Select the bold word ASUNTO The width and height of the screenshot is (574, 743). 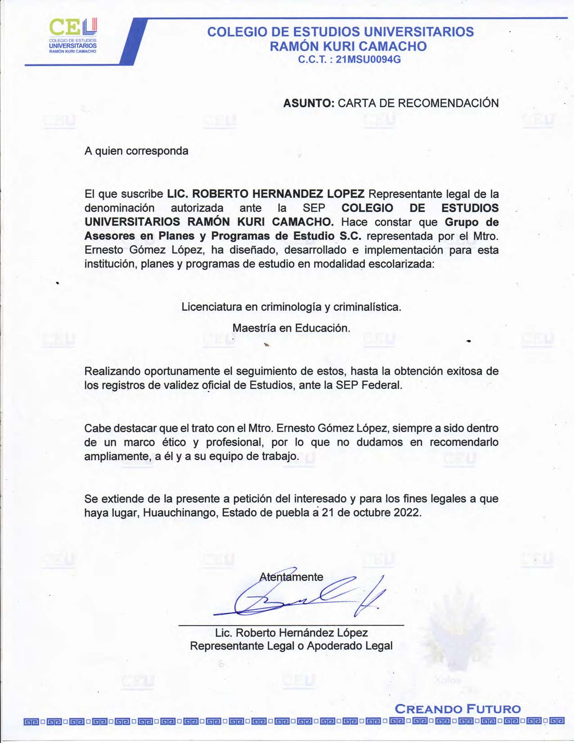pyautogui.click(x=308, y=103)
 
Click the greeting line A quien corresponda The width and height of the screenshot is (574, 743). pyautogui.click(x=136, y=151)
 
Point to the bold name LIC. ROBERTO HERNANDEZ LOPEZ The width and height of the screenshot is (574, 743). pyautogui.click(x=266, y=194)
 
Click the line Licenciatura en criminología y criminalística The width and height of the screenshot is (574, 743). pyautogui.click(x=291, y=307)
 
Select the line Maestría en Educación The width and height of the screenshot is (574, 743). pyautogui.click(x=291, y=328)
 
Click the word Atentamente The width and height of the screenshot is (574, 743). pyautogui.click(x=291, y=577)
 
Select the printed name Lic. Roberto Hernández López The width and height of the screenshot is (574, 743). pyautogui.click(x=291, y=633)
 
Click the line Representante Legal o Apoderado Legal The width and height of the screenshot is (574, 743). pyautogui.click(x=291, y=646)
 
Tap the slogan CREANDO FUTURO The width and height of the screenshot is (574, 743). pyautogui.click(x=457, y=709)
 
